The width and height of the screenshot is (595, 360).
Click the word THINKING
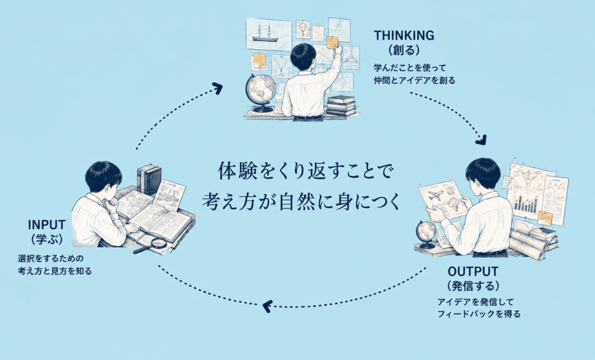(404, 35)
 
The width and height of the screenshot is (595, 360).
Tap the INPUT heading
(46, 225)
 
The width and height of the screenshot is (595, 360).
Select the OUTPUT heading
(473, 272)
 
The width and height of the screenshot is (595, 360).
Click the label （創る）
(404, 50)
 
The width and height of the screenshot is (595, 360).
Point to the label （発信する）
(473, 286)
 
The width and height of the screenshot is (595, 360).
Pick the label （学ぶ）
(46, 239)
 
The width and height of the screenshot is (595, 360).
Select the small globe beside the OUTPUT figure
(426, 234)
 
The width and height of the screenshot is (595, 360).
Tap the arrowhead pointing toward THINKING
(217, 88)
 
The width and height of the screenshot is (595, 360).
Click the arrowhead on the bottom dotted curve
(267, 306)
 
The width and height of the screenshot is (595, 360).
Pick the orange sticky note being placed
(332, 42)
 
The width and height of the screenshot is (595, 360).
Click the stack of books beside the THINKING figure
(341, 106)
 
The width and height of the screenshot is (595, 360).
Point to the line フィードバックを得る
(479, 314)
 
